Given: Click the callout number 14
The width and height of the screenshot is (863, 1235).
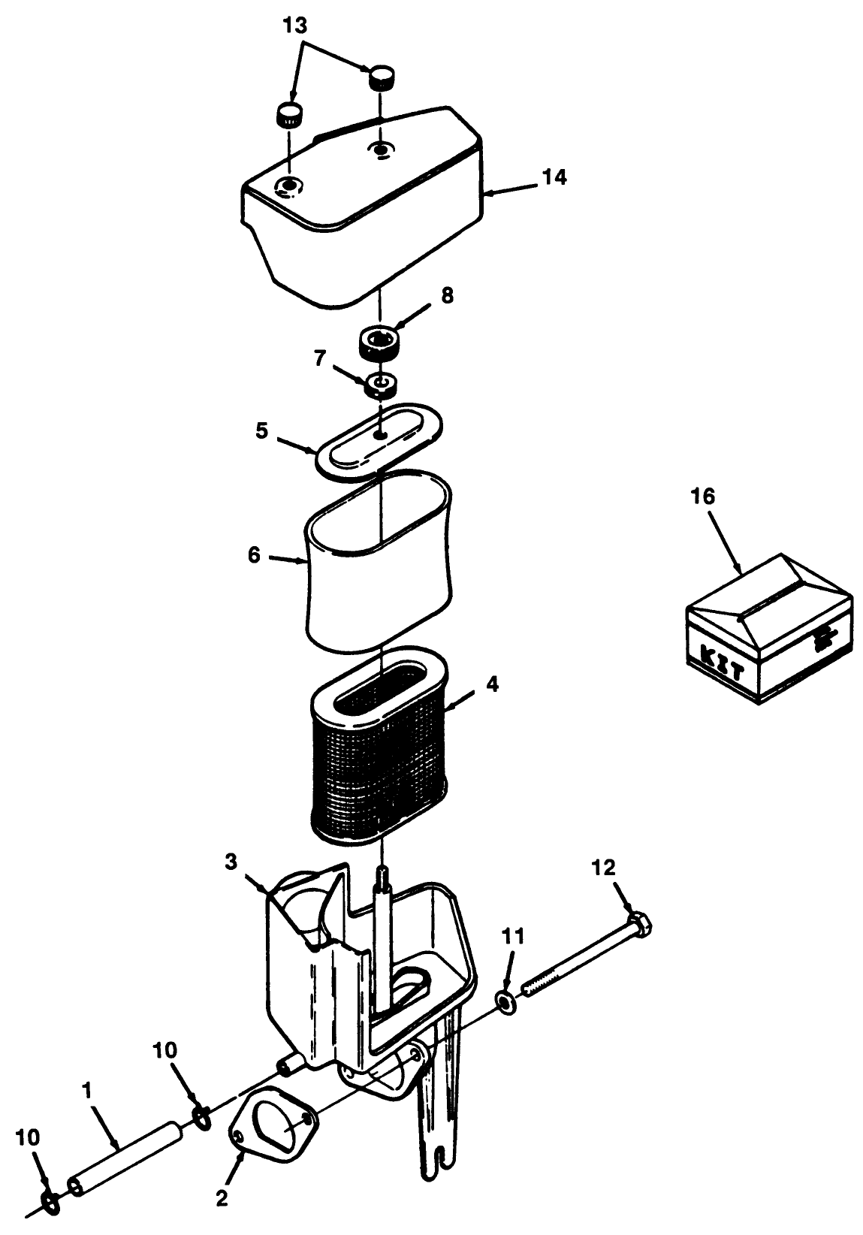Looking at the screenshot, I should [556, 177].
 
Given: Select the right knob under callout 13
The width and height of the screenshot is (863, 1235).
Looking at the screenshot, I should [382, 76].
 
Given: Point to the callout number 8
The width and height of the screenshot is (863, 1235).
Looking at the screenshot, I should [448, 295].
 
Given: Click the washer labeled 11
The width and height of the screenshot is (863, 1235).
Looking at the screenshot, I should [505, 1003].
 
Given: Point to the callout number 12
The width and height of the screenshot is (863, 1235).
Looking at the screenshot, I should [603, 868].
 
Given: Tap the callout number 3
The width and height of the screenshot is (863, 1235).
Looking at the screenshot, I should [232, 861].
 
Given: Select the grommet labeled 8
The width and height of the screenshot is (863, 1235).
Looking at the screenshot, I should [381, 343].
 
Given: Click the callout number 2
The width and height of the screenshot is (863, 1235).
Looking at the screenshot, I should [222, 1198].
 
